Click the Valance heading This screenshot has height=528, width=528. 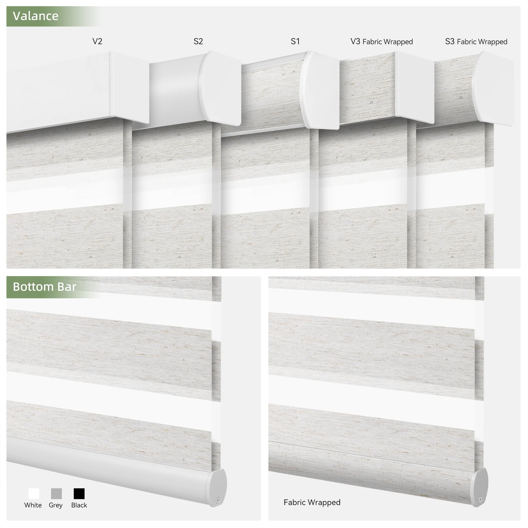pos(36,16)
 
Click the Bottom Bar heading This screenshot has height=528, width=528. pos(44,287)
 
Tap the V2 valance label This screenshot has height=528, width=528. pos(97,41)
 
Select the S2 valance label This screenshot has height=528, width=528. pos(198,41)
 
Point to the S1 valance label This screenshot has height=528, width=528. pos(295,41)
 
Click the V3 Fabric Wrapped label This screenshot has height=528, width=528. pos(381,42)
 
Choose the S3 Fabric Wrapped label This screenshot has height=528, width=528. pos(476,42)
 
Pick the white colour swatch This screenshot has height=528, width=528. pos(34,494)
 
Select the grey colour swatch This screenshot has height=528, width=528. pos(56,494)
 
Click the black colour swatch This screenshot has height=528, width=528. pos(79,494)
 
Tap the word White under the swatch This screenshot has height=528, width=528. pos(33,505)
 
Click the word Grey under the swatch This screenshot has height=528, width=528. pos(55,505)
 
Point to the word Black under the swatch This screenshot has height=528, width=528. pos(79,505)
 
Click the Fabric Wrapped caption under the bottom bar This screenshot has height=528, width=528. pos(312,502)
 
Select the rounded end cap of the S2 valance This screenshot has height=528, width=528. pos(220,88)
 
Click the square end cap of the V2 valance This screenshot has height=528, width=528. pos(129,87)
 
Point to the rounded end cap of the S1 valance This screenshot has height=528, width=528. pos(319,90)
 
